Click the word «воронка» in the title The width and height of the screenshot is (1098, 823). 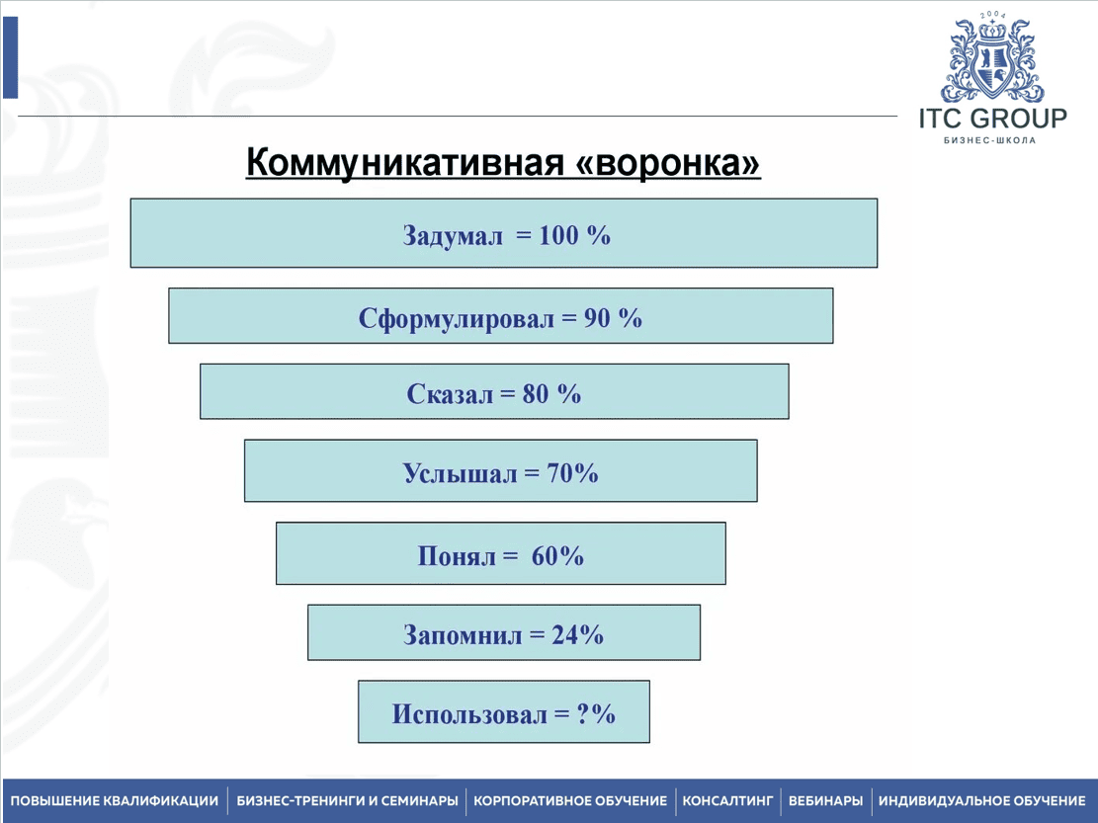[x=667, y=164]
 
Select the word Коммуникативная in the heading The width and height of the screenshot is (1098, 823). [x=405, y=164]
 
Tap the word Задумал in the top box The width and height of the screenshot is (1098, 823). [x=453, y=236]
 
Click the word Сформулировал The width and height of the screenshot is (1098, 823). [x=457, y=318]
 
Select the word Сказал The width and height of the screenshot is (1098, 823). [x=449, y=394]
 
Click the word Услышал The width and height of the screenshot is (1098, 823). [x=460, y=473]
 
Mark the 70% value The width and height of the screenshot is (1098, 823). [x=572, y=473]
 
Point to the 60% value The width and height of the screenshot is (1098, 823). [x=557, y=556]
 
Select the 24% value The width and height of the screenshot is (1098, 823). [x=577, y=634]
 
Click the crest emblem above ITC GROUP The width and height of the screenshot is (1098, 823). [x=991, y=61]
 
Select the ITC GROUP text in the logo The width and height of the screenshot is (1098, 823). [x=992, y=120]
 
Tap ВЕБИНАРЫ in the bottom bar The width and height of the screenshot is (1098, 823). [x=825, y=800]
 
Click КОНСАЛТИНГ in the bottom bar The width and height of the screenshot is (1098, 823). [x=726, y=800]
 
